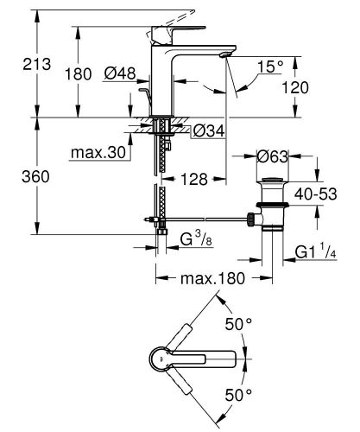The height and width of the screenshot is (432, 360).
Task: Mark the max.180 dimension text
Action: tap(208, 278)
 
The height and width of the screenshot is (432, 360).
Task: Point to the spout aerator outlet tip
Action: tap(224, 54)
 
